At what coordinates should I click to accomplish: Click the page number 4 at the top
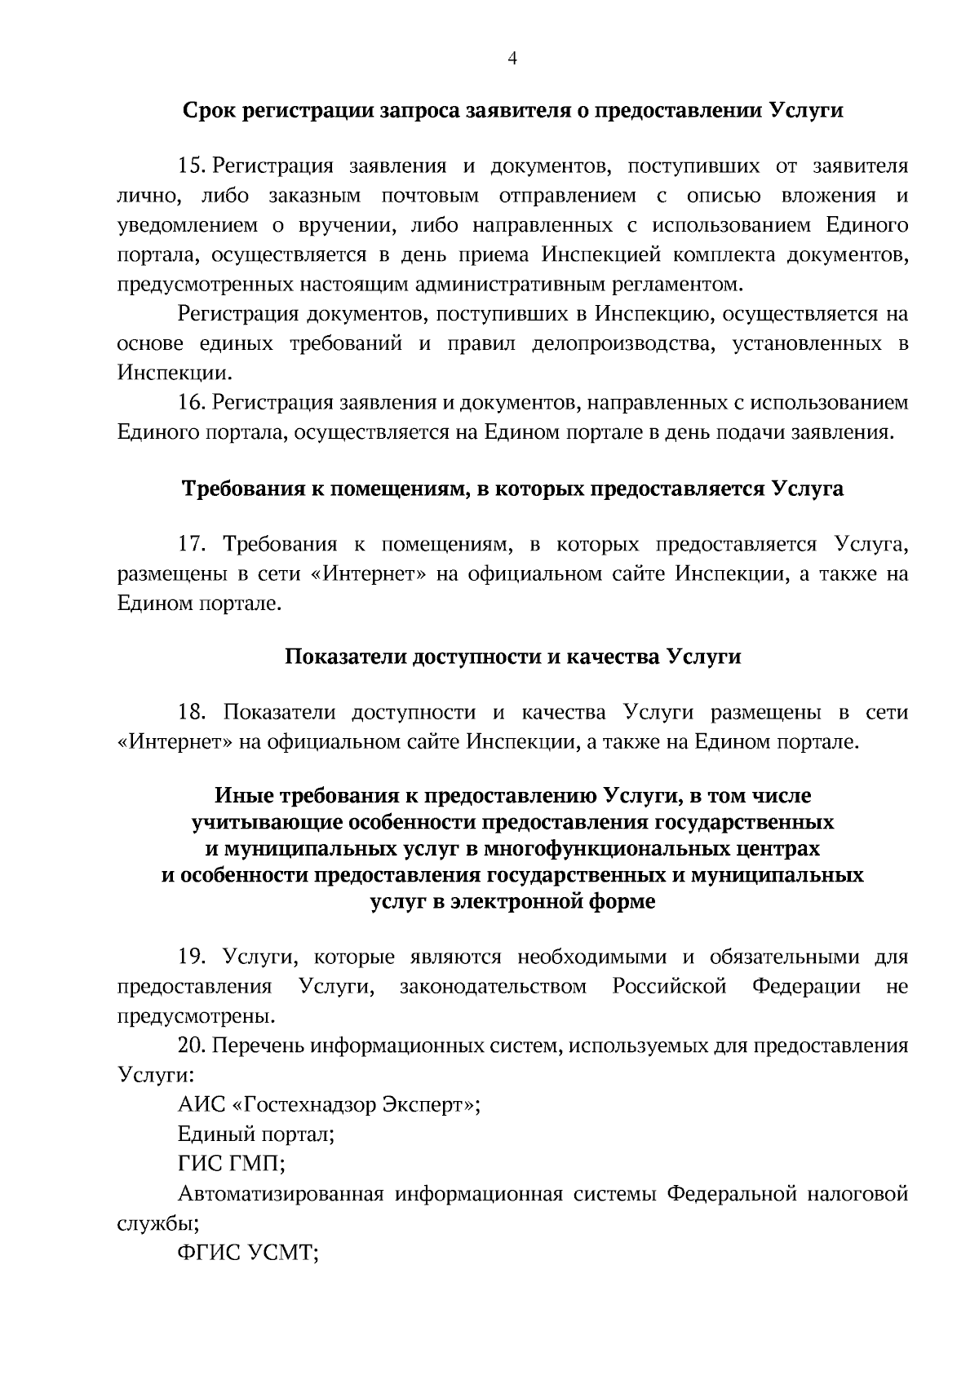coord(513,58)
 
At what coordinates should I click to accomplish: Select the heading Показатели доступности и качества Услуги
coord(512,657)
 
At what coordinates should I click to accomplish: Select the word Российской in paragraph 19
coord(669,987)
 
